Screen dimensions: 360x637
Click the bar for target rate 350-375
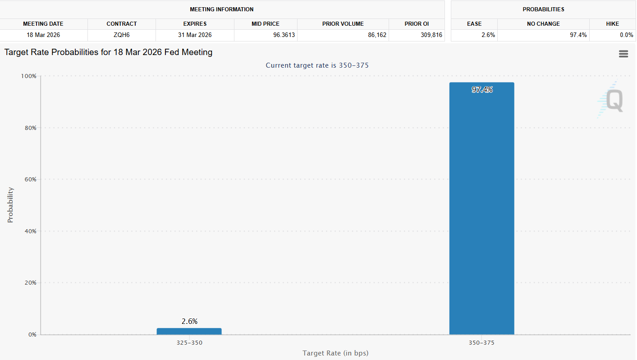click(481, 208)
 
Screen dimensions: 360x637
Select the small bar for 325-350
click(189, 331)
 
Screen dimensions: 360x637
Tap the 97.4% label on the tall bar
click(482, 90)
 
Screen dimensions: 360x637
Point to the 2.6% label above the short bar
click(189, 321)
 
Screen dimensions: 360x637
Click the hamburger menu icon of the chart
click(623, 54)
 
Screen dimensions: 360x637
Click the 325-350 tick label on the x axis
click(189, 343)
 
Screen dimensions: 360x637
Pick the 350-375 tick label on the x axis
click(481, 343)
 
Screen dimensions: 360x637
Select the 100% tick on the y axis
click(28, 76)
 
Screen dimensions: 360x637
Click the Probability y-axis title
click(10, 205)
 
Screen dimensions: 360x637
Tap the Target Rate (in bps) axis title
click(335, 353)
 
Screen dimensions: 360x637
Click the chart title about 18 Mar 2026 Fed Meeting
click(108, 52)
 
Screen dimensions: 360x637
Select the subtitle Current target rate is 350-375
click(317, 65)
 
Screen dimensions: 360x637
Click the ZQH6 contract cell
click(122, 35)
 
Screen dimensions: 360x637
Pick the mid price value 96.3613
click(284, 35)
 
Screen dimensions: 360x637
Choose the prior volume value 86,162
click(377, 35)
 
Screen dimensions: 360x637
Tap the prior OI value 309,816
click(431, 35)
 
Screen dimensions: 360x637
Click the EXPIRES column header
click(195, 24)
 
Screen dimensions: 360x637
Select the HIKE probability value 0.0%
click(626, 35)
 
